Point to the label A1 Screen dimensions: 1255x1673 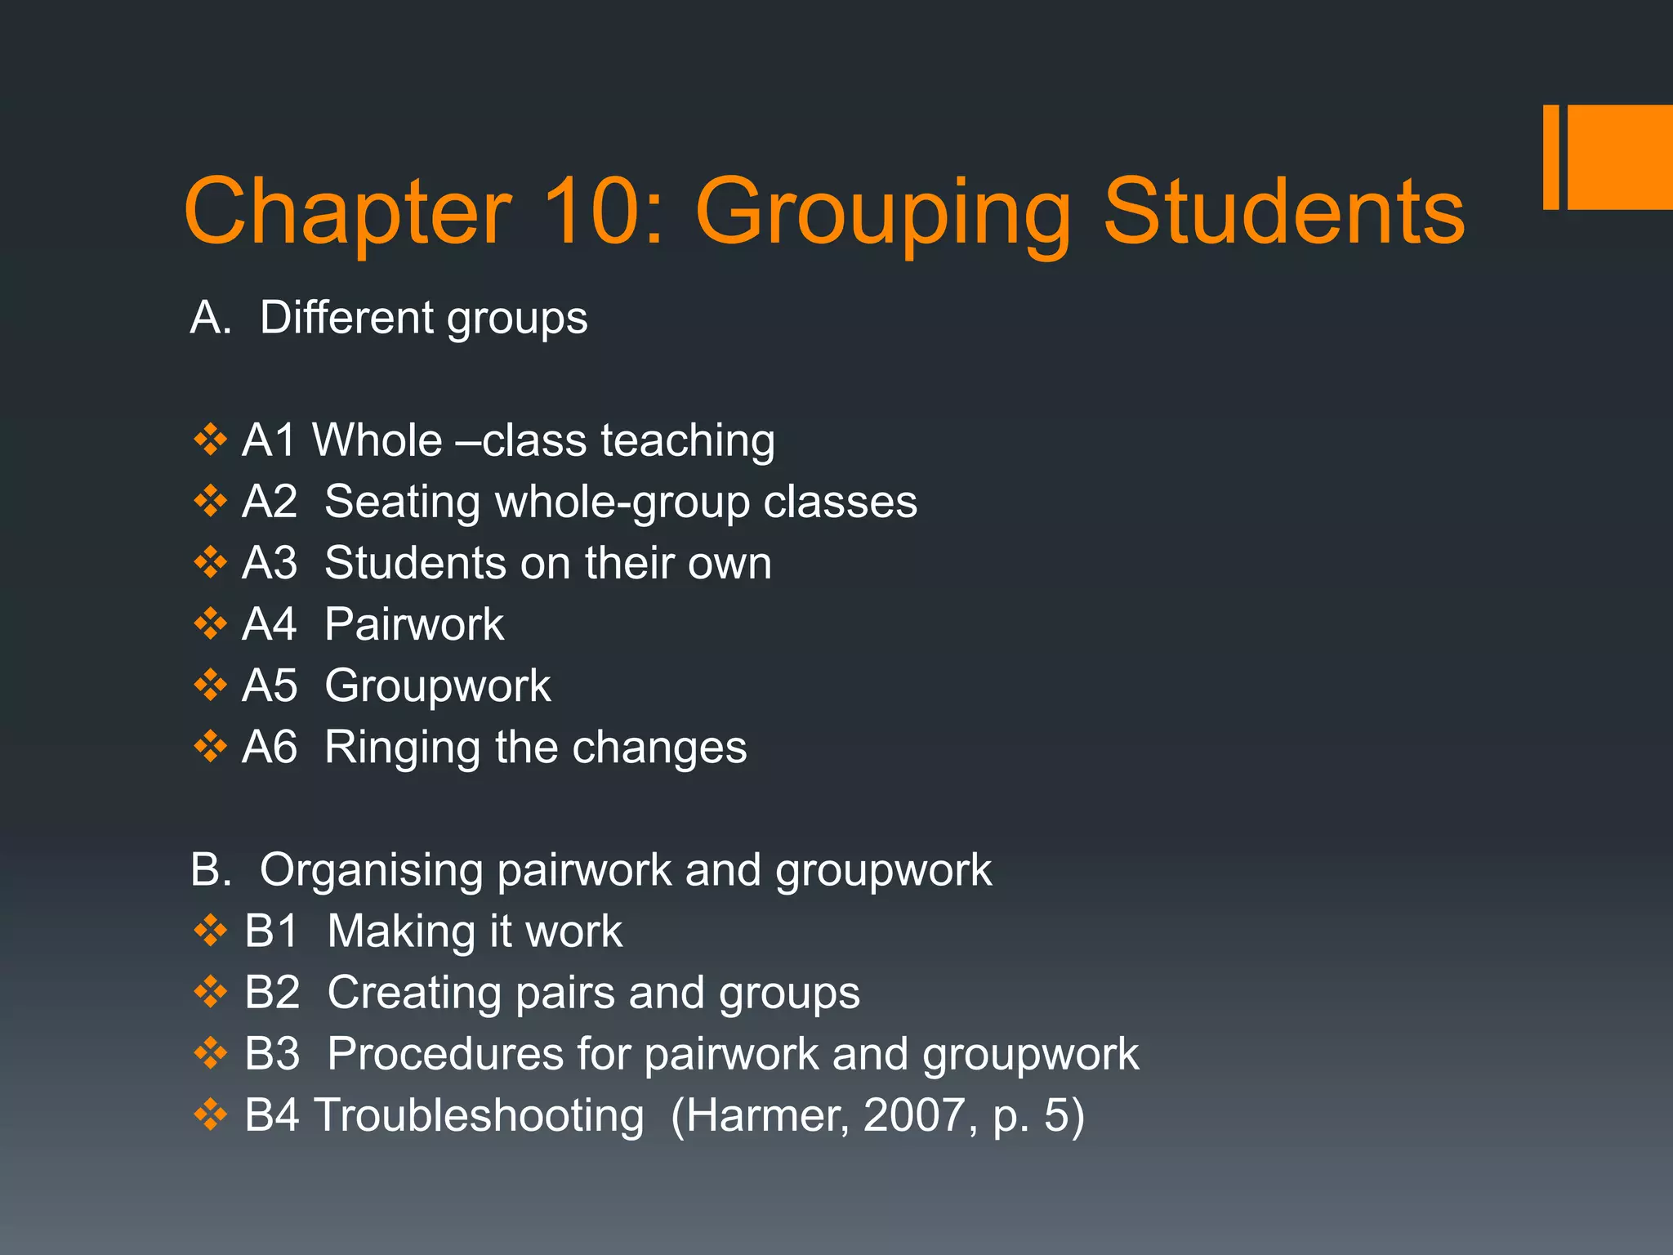click(x=269, y=440)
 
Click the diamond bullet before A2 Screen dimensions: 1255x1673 click(x=210, y=501)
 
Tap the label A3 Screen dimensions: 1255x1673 click(x=270, y=563)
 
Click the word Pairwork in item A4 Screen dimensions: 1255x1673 click(x=414, y=624)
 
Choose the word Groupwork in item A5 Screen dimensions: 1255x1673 click(x=438, y=686)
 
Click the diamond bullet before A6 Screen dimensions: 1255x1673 click(x=210, y=746)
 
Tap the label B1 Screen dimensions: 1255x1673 click(x=271, y=931)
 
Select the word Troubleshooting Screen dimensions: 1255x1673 click(x=480, y=1115)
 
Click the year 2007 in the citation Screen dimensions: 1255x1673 click(x=914, y=1115)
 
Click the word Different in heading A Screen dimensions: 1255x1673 click(x=346, y=317)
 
